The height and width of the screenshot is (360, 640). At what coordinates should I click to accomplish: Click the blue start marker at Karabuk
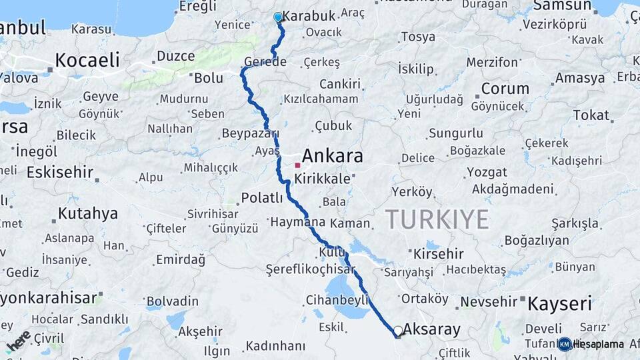(x=278, y=17)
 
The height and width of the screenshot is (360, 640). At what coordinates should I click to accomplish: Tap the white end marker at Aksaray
(x=398, y=331)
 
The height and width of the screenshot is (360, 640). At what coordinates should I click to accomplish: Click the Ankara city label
(x=333, y=156)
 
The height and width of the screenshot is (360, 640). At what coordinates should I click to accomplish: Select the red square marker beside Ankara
(x=297, y=165)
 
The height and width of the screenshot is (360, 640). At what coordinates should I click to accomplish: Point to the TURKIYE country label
(x=437, y=219)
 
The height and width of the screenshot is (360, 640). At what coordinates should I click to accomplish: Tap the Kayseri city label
(x=560, y=305)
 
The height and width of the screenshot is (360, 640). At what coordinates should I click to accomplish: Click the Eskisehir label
(x=60, y=172)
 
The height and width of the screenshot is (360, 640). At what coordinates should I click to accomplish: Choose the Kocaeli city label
(x=87, y=60)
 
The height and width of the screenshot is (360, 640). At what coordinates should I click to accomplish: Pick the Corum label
(x=505, y=89)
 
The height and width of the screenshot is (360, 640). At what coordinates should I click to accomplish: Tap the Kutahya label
(x=87, y=214)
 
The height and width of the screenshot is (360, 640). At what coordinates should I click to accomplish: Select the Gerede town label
(x=265, y=62)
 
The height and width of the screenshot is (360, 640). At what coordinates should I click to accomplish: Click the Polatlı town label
(x=262, y=197)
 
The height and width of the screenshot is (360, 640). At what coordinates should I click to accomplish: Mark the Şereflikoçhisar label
(x=310, y=269)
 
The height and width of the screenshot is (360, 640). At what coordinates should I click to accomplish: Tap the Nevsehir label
(x=489, y=301)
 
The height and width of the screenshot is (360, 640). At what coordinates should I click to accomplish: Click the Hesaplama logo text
(x=599, y=344)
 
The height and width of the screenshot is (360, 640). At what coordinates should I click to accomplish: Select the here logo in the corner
(x=18, y=340)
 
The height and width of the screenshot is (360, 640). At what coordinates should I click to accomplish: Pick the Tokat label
(x=591, y=115)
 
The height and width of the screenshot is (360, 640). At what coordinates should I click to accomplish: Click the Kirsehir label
(x=438, y=254)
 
